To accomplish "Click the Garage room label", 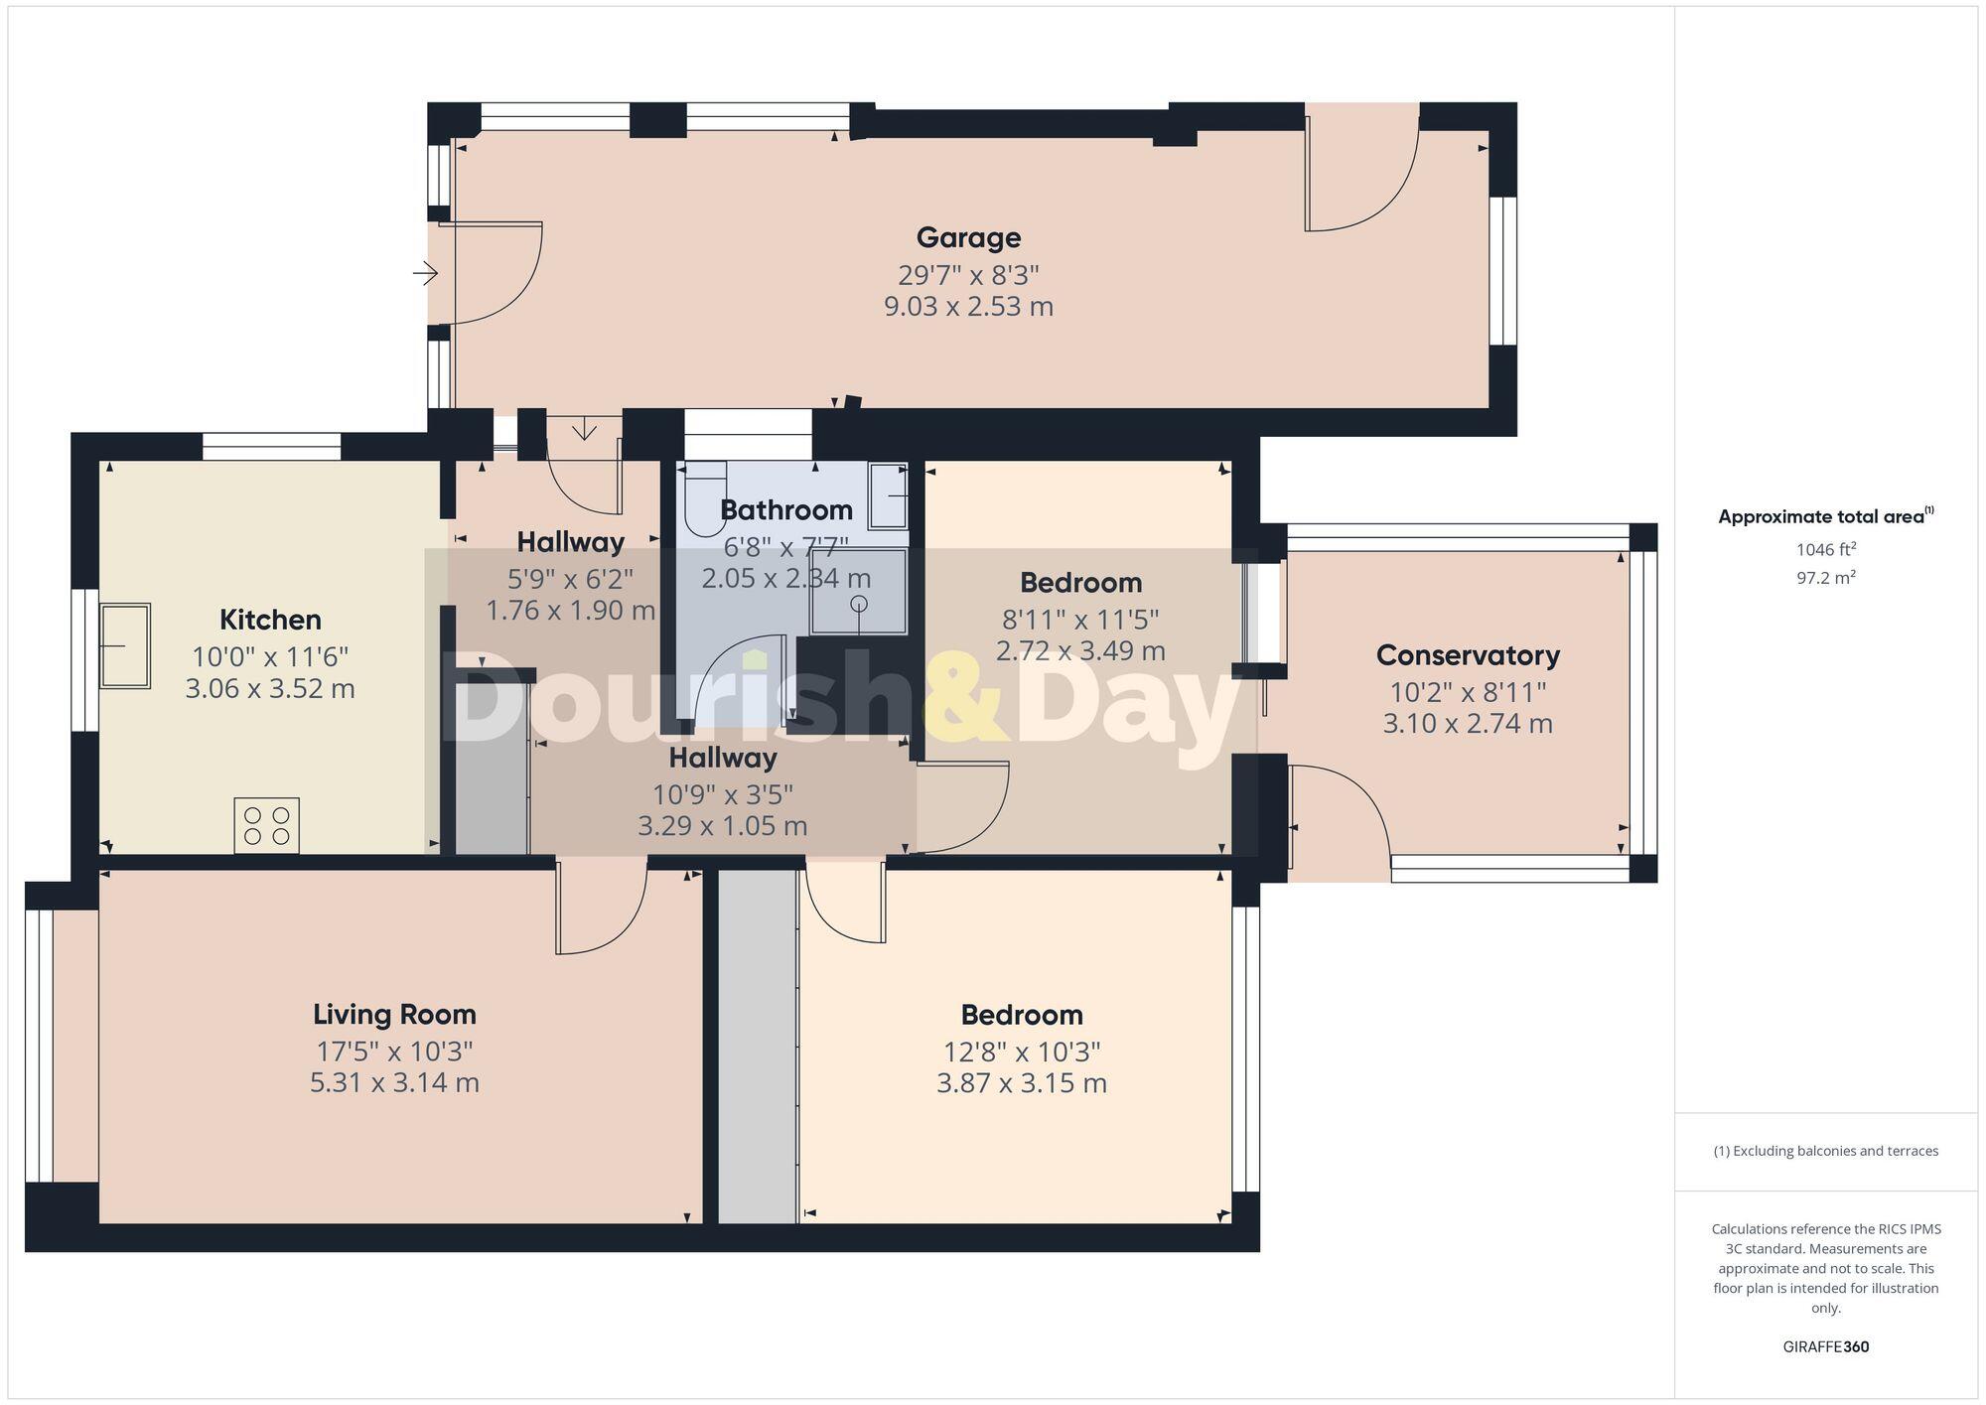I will pos(968,237).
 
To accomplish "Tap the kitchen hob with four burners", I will pos(266,825).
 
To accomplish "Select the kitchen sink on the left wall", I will pos(125,645).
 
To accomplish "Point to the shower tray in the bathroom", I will pos(859,593).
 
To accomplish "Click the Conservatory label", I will pos(1468,655).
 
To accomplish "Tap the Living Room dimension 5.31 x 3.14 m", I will pos(394,1082).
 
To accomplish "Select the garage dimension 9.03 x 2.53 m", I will pos(968,306).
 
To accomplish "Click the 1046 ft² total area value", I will pos(1825,549).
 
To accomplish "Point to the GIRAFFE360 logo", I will pos(1825,1346).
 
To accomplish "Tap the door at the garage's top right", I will pos(1360,179).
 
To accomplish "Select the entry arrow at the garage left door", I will pos(426,272).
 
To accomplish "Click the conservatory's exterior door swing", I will pos(1341,809).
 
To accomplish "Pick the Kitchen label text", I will pos(270,620).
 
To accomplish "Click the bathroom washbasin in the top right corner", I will pos(888,494).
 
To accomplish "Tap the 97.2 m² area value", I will pos(1825,577).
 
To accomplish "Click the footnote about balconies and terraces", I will pos(1825,1151).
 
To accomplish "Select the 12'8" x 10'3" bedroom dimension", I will pos(1021,1052).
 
